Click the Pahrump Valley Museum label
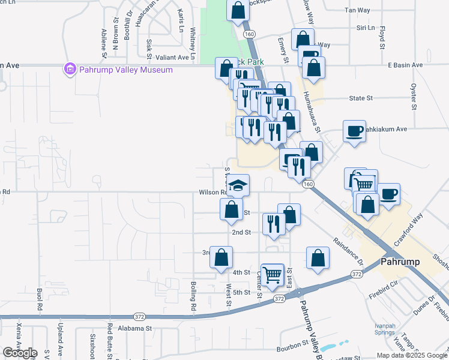point(125,70)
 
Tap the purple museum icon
point(70,70)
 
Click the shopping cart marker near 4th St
point(273,275)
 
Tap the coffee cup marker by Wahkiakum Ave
point(354,131)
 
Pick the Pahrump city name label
point(403,262)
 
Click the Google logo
point(19,353)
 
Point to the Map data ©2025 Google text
point(411,355)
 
